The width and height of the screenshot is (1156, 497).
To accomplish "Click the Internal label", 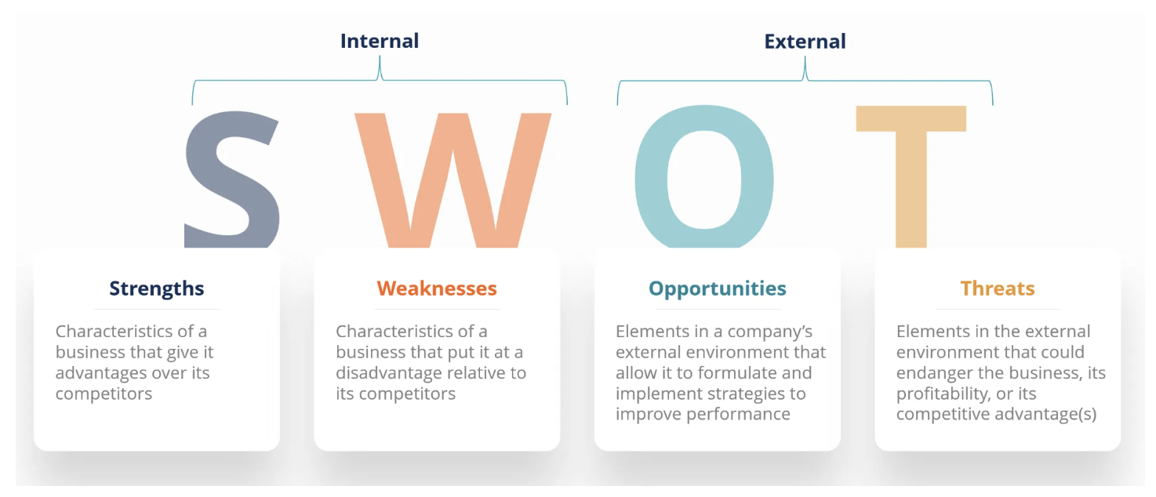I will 380,41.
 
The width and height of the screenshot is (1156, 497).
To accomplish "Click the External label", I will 805,41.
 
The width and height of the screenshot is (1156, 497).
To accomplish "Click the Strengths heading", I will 157,288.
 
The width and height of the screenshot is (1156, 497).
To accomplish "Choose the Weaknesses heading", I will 437,288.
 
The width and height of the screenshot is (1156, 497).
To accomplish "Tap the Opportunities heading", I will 717,288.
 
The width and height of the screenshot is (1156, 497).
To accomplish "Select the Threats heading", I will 998,288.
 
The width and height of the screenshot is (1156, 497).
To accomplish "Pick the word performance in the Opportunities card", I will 746,414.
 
